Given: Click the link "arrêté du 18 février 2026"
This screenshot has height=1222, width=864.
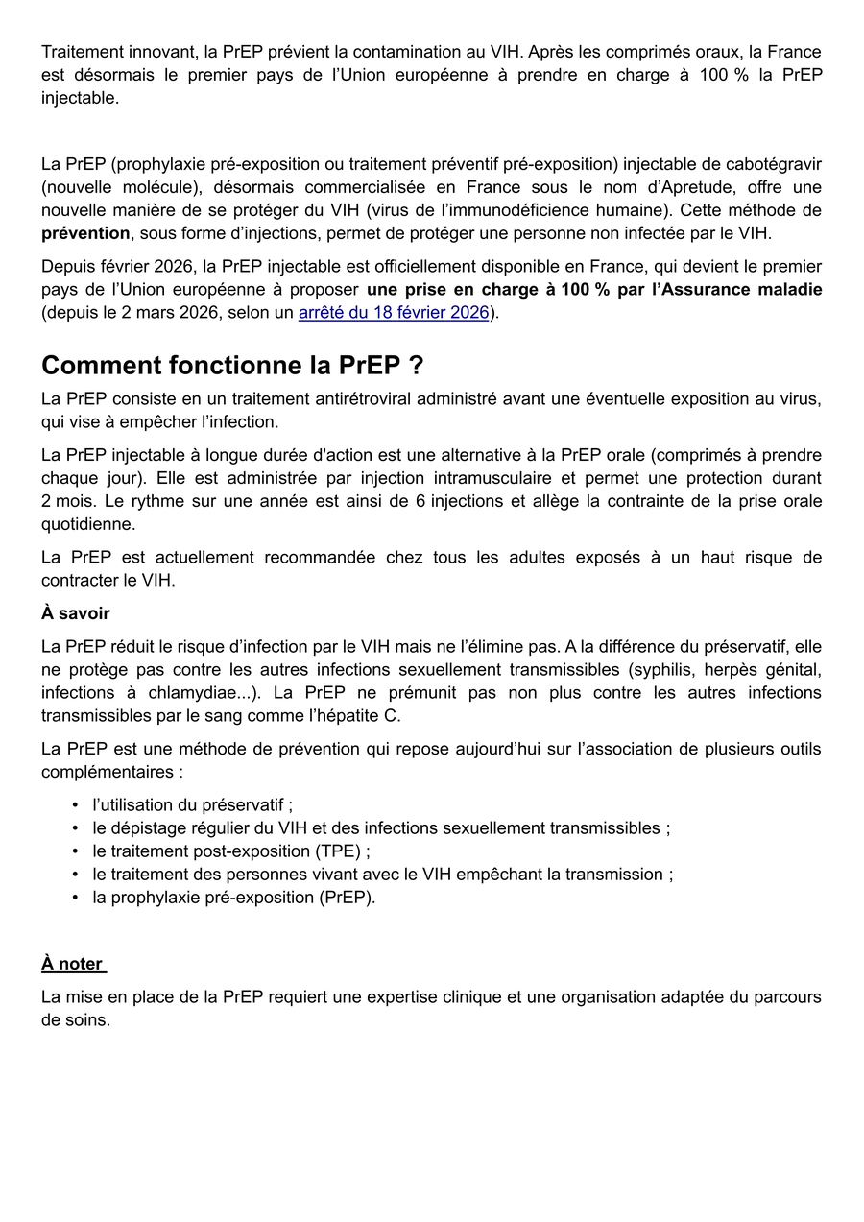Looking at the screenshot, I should [x=394, y=313].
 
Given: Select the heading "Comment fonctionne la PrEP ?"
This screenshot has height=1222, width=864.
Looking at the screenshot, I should [x=232, y=366].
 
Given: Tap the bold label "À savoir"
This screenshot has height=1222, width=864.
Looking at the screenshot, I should [x=76, y=613].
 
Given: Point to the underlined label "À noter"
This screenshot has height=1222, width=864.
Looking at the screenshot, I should [x=73, y=964].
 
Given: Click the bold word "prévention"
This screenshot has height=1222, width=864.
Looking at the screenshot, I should [x=85, y=233].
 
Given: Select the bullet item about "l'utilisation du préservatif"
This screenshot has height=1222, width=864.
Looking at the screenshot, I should [x=192, y=805].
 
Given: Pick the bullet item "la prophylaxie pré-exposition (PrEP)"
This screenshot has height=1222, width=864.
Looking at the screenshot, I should [x=233, y=898].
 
